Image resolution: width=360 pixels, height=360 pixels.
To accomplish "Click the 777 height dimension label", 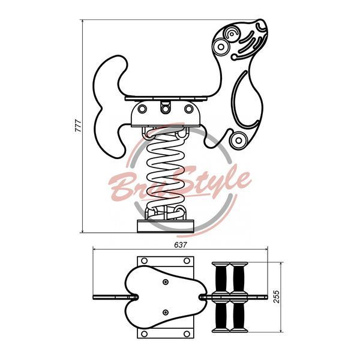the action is click(x=78, y=126).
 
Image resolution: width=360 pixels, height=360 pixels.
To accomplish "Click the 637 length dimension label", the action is click(x=181, y=245).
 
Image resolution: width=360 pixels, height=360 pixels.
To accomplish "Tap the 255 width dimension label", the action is click(x=277, y=297).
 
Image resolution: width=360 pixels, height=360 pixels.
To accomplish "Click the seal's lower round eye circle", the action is click(x=221, y=47).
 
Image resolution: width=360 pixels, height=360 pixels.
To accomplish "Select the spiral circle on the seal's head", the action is click(x=232, y=34).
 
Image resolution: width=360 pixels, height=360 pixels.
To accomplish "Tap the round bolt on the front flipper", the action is click(x=239, y=140).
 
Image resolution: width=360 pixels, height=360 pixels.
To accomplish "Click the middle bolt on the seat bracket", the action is click(x=165, y=109).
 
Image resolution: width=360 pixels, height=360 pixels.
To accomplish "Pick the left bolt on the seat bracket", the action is click(x=142, y=109).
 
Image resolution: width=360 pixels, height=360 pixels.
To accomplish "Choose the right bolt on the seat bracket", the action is click(x=189, y=109).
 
